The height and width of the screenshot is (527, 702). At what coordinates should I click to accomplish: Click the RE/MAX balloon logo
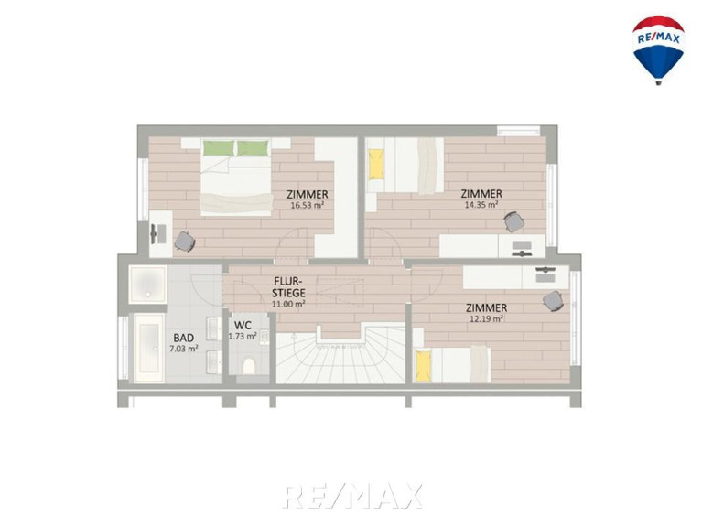point(658,49)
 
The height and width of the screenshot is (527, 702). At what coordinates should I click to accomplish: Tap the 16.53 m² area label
point(308,206)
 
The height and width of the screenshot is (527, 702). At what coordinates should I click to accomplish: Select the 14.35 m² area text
point(481,205)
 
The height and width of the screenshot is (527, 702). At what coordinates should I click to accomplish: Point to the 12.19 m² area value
point(486,319)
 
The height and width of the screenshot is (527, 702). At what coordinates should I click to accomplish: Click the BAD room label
point(184,338)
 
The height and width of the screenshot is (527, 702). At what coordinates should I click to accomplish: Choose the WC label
point(243,325)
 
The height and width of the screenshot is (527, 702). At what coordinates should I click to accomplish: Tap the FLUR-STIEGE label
point(289,286)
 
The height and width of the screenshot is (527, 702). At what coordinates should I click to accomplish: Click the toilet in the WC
point(248,366)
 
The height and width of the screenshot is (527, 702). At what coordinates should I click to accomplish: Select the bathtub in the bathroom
point(148,348)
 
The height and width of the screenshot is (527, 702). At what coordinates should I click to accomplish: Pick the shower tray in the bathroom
point(147,284)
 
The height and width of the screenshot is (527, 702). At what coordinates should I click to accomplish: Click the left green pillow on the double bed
point(219,148)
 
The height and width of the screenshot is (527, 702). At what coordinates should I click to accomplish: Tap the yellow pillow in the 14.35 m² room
point(376,164)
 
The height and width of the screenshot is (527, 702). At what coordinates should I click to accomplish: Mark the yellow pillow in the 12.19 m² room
point(424,365)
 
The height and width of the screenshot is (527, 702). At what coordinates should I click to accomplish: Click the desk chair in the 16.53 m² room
point(185,242)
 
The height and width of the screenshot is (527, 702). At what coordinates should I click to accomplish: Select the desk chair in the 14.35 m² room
point(514,222)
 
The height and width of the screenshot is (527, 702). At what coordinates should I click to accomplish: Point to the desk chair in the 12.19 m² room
point(554,300)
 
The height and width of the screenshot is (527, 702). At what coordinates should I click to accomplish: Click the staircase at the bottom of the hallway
point(341,354)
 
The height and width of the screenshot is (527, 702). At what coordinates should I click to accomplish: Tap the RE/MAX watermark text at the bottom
point(351,496)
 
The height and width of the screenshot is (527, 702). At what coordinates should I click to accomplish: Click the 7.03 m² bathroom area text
point(184,349)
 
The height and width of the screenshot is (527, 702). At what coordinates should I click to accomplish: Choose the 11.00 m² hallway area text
point(289,304)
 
